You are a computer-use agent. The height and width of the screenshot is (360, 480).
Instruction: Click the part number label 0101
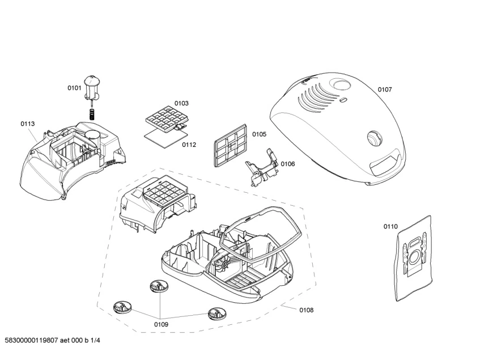(75, 88)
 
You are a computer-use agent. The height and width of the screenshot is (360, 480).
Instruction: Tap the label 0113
(28, 124)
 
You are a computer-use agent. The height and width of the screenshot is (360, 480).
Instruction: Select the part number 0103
(181, 103)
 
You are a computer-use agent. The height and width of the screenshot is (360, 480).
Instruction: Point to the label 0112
(189, 145)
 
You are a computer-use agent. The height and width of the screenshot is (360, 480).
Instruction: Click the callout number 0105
(259, 134)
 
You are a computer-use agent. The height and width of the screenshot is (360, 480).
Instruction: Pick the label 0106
(288, 164)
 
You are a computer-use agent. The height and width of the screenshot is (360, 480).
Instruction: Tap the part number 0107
(385, 90)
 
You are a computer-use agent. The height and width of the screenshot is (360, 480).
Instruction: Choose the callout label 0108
(306, 310)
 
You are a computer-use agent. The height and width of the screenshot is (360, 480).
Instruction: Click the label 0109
(161, 324)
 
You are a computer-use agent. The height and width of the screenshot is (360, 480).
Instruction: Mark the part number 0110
(390, 227)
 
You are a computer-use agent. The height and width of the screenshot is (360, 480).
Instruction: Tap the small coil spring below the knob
(92, 113)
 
